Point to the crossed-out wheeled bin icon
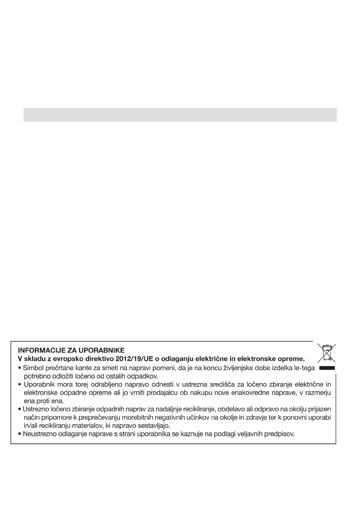(x=326, y=353)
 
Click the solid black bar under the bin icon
(x=326, y=368)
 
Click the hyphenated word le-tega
(x=302, y=368)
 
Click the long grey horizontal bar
(x=180, y=115)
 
